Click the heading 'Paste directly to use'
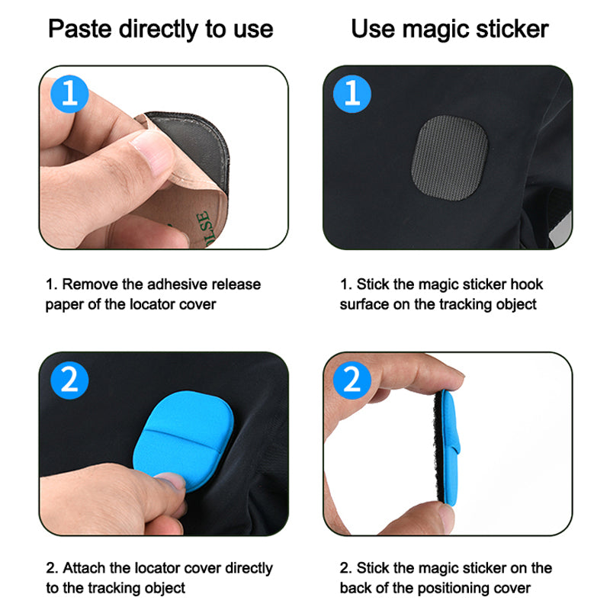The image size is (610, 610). click(161, 30)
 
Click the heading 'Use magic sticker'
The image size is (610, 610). click(450, 29)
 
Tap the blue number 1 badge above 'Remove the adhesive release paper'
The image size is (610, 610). click(69, 94)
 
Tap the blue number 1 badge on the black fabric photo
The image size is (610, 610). click(352, 94)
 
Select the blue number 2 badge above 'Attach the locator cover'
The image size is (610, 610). click(69, 380)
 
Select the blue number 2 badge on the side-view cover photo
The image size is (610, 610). click(352, 380)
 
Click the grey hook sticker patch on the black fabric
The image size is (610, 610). click(450, 158)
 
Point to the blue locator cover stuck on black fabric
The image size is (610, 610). click(183, 441)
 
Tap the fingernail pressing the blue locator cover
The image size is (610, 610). click(170, 481)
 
